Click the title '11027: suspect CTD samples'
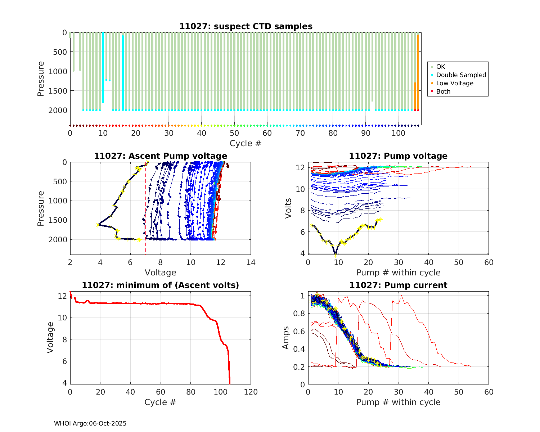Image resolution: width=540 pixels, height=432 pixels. pos(246,26)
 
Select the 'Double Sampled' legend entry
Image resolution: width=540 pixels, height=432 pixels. pos(461,75)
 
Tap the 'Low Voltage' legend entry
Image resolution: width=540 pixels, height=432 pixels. pos(455,83)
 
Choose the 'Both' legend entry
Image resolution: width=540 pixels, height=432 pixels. pos(443,91)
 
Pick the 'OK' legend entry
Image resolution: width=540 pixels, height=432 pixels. pos(440,67)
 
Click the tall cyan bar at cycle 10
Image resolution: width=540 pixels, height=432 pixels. pos(103,68)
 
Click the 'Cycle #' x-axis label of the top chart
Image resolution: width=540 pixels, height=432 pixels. pos(246,143)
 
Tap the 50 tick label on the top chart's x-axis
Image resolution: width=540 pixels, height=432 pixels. pos(234,133)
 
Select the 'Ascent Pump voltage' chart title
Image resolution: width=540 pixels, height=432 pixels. pos(161,156)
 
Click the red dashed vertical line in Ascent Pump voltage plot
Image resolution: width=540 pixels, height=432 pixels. pos(145,209)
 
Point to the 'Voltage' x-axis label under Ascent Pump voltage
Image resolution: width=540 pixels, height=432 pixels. pos(161,273)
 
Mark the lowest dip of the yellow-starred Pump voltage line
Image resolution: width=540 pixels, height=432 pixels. pos(335,253)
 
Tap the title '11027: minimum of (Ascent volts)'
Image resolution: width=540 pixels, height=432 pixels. pos(161,285)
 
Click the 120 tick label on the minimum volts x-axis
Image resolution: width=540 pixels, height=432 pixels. pos(251,392)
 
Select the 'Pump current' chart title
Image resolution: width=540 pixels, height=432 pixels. pos(398,285)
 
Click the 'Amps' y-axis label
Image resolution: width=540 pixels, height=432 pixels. pos(286,337)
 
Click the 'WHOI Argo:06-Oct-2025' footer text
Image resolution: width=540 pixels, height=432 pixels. pos(90,423)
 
